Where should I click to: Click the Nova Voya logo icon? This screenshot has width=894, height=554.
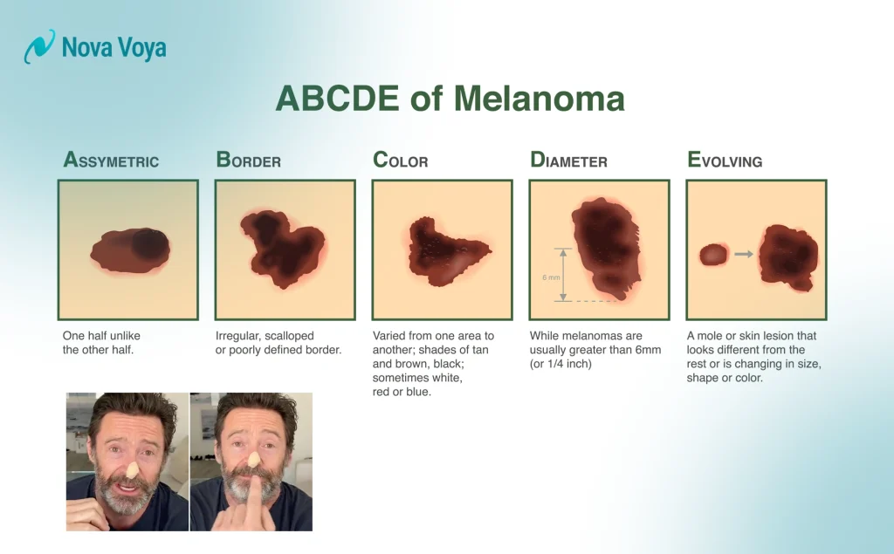point(38,47)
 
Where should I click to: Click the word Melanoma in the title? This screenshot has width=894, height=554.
point(537,99)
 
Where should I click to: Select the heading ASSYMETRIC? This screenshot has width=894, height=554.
point(111,161)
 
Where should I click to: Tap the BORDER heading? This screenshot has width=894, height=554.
point(248,161)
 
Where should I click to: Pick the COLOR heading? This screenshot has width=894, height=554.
point(400,161)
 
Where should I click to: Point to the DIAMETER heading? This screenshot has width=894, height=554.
point(568,161)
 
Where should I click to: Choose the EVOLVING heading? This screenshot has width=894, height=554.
point(725,161)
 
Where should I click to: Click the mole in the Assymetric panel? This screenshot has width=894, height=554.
point(130,249)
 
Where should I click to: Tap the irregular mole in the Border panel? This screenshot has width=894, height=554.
point(281,248)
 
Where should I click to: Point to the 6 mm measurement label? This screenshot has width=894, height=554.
point(551,277)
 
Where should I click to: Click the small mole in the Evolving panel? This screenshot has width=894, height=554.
point(713,254)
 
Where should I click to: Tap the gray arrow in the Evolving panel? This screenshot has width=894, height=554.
point(743,254)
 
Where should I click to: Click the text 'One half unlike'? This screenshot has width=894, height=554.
point(101,336)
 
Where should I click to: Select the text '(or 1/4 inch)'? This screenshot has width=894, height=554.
point(560,364)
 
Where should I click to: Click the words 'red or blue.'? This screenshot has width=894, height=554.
point(402,392)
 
